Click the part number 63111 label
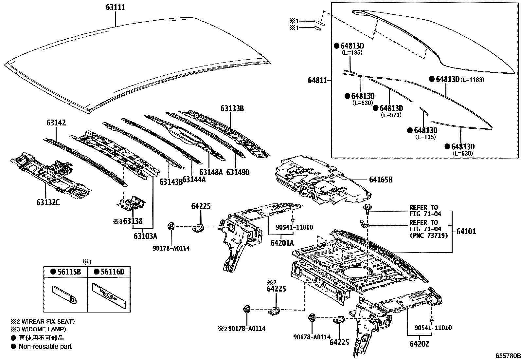tap(116, 8)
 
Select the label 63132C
tap(48, 202)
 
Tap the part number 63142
tap(56, 123)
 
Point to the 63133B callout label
tap(232, 108)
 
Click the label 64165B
tap(381, 180)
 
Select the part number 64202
tap(419, 344)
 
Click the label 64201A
tap(282, 243)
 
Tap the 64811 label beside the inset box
tap(317, 80)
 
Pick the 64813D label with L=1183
tap(448, 79)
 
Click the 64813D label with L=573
tap(391, 108)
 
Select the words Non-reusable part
tap(45, 346)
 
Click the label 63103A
tap(145, 236)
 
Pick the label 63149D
tap(238, 172)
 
